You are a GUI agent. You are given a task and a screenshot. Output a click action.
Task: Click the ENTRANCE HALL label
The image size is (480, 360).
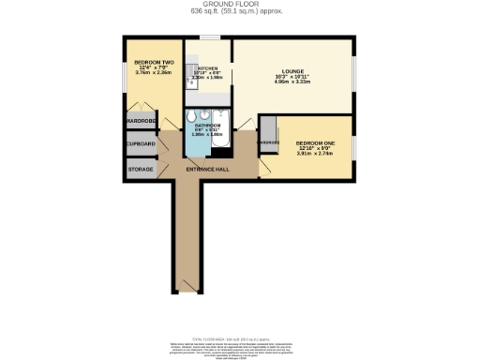click(207, 169)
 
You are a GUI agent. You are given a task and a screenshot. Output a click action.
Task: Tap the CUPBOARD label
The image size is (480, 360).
click(141, 143)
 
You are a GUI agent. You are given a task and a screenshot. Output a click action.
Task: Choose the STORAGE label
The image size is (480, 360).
click(141, 169)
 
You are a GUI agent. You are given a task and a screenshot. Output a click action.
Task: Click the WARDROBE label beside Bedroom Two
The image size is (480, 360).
click(141, 120)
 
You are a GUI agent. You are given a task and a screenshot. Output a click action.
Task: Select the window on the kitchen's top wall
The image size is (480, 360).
click(208, 37)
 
